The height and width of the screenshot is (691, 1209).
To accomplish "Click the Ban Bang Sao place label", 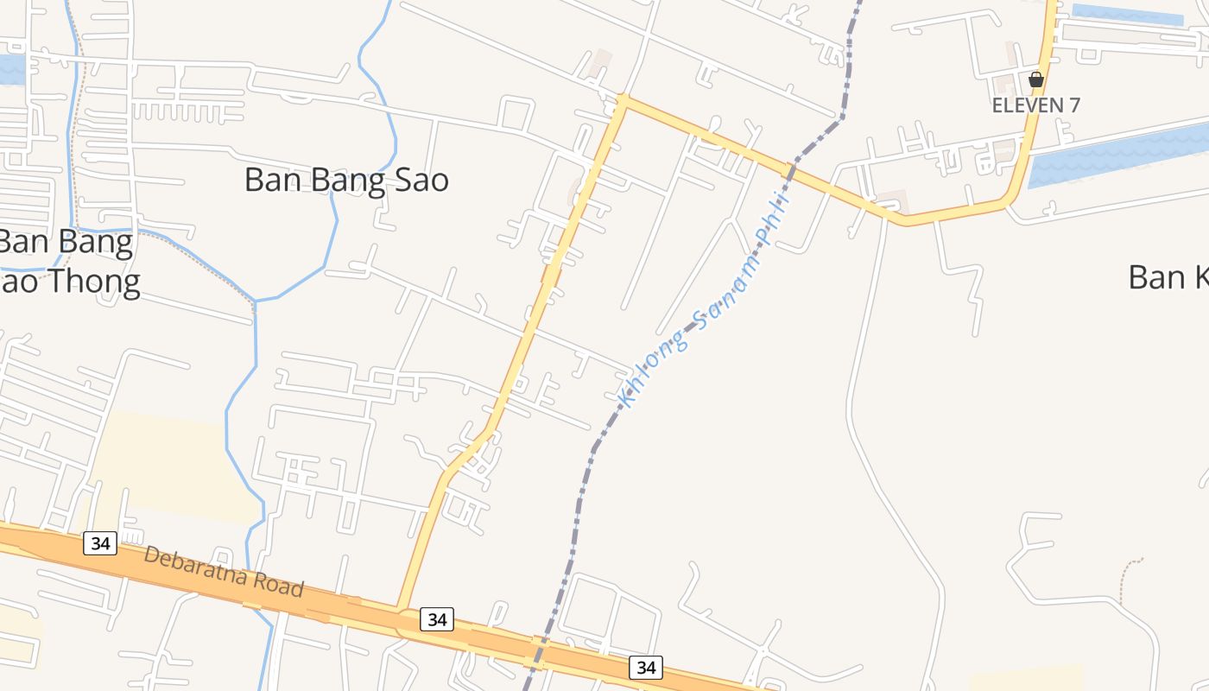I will coord(346,181).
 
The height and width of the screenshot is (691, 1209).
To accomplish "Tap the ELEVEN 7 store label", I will coord(1035,105).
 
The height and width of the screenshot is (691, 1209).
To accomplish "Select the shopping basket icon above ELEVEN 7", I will coord(1036,80).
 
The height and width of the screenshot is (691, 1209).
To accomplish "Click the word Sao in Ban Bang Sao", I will coord(419,181).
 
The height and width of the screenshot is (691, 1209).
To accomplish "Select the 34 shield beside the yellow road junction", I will coord(437,618).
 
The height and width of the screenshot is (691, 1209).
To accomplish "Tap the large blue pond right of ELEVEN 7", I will coord(1123,154).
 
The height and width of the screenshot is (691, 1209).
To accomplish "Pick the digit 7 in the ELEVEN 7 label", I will coord(1073,105).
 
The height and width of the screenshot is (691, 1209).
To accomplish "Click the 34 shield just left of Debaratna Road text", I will coord(100,543).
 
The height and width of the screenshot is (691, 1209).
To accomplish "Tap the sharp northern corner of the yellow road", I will coord(623,100).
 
